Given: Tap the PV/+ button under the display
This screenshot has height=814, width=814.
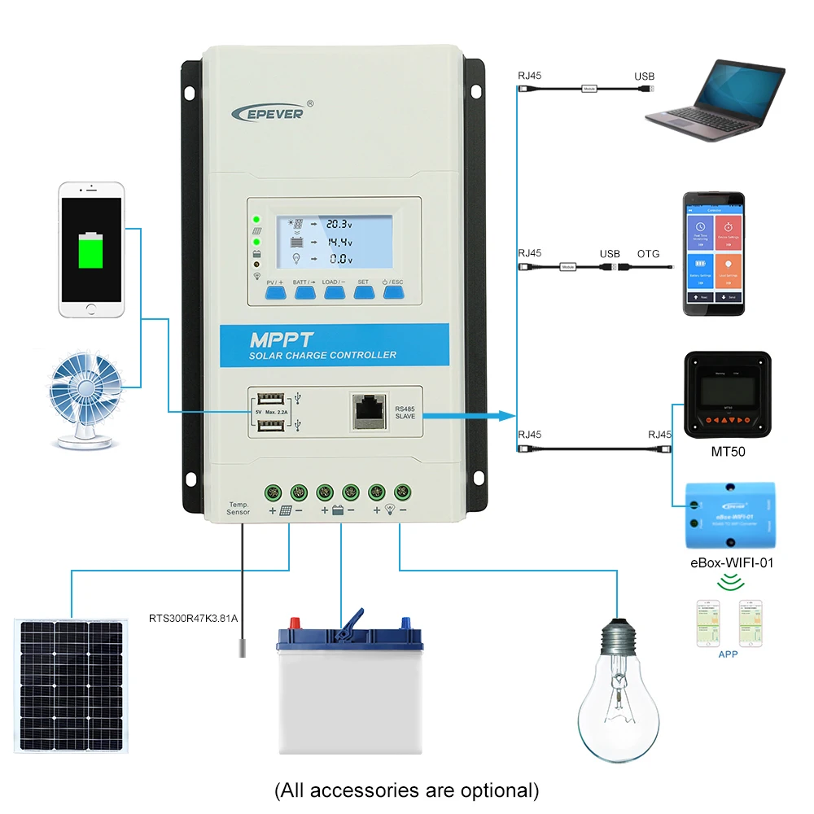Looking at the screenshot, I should pos(274,290).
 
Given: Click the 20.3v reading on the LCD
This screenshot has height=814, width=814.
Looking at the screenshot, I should pos(339,223).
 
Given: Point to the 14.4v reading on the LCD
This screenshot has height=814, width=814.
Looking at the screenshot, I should pos(339,242).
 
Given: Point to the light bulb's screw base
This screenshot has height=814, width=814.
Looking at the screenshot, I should pos(619,636).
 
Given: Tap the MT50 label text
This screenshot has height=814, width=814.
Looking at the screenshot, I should pos(727,452).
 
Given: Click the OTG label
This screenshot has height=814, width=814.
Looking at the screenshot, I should pos(649,254).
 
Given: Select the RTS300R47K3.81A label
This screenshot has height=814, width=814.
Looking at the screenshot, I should pos(193,618).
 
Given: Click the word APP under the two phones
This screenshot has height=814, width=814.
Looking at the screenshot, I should pos(727,654).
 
